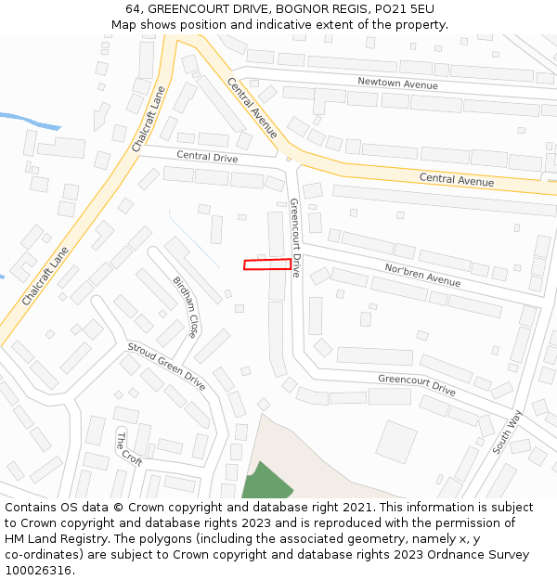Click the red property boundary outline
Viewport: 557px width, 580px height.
(267, 264)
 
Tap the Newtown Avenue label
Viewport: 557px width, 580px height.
(397, 84)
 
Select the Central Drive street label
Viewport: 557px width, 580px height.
(207, 157)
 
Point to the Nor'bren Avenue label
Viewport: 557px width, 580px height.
(422, 275)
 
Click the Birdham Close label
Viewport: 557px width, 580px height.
(186, 306)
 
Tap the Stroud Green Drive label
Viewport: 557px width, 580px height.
(166, 365)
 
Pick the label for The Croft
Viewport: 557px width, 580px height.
(129, 447)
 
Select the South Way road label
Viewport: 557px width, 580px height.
(508, 432)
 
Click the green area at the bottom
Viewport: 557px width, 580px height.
(266, 484)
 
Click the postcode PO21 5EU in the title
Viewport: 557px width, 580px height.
(406, 9)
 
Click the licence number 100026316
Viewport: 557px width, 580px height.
(40, 570)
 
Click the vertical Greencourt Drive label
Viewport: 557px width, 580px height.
(294, 238)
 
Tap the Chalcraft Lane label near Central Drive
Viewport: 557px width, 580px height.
(149, 120)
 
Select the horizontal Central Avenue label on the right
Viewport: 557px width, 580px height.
(456, 179)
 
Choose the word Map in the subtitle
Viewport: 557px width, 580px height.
(123, 24)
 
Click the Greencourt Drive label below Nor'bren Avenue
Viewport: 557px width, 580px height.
(417, 385)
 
